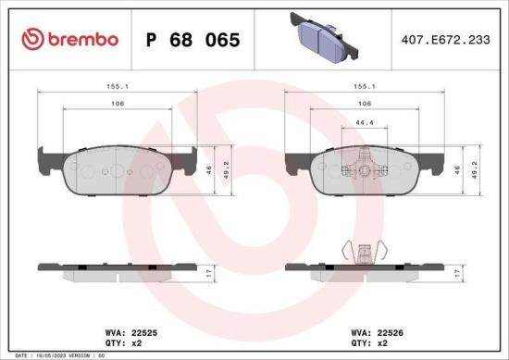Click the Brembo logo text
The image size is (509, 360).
coord(81,40)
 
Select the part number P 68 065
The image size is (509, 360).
coord(193,41)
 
